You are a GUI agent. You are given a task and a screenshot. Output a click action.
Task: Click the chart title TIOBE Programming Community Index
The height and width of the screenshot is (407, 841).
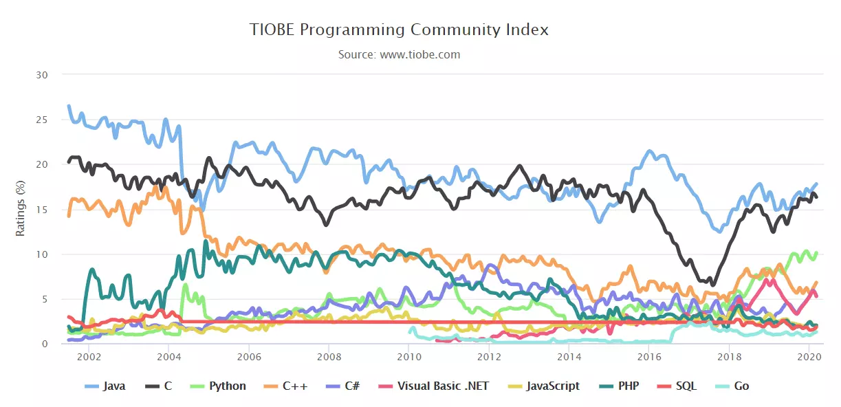point(399,30)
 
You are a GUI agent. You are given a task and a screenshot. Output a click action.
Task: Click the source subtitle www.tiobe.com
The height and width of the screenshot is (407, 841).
point(399,54)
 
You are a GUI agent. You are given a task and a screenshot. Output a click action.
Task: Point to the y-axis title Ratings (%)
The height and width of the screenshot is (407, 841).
point(21,208)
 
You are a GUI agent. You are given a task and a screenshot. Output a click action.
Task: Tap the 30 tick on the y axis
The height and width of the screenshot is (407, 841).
point(42,74)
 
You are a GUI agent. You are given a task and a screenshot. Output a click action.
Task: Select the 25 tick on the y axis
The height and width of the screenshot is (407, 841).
point(42,120)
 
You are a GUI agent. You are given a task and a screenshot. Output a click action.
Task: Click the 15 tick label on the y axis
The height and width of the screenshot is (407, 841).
point(42,210)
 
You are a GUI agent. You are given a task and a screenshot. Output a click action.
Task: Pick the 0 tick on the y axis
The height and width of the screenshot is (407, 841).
point(45,344)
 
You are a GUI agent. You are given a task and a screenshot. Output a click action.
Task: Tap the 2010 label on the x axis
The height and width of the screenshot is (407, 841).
point(408,357)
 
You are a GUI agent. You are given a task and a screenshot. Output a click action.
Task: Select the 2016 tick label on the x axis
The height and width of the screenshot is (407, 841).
point(649,357)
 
